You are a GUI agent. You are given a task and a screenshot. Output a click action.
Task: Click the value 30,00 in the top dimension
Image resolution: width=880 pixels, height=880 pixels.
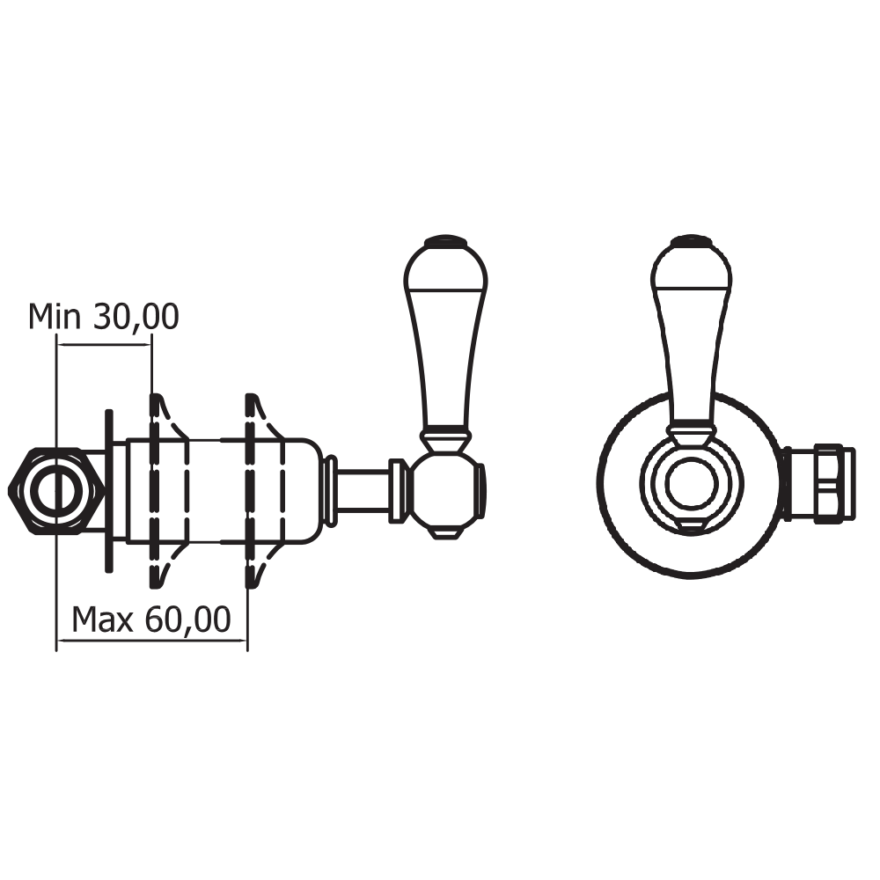[x=136, y=317]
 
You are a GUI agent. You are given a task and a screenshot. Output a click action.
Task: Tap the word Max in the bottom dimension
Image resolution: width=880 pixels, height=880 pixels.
[x=102, y=620]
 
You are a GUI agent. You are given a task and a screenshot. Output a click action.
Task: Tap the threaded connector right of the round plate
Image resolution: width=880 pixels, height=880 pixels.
[x=818, y=484]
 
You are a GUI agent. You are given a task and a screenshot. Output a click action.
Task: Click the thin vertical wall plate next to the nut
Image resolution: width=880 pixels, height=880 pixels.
[x=108, y=490]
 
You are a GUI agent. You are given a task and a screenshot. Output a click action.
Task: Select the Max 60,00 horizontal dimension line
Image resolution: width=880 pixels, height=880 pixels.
[x=151, y=641]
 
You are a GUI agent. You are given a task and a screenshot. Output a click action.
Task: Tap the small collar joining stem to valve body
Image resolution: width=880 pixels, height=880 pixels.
[x=330, y=490]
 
